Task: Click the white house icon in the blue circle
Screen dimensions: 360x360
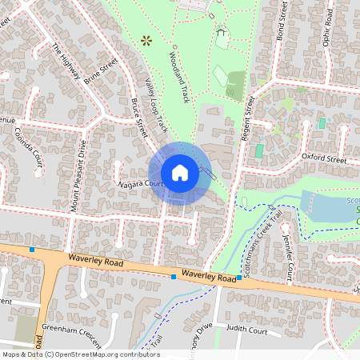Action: [180, 173]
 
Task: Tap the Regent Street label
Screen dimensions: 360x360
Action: [247, 119]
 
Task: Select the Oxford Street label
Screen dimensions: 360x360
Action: [324, 160]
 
